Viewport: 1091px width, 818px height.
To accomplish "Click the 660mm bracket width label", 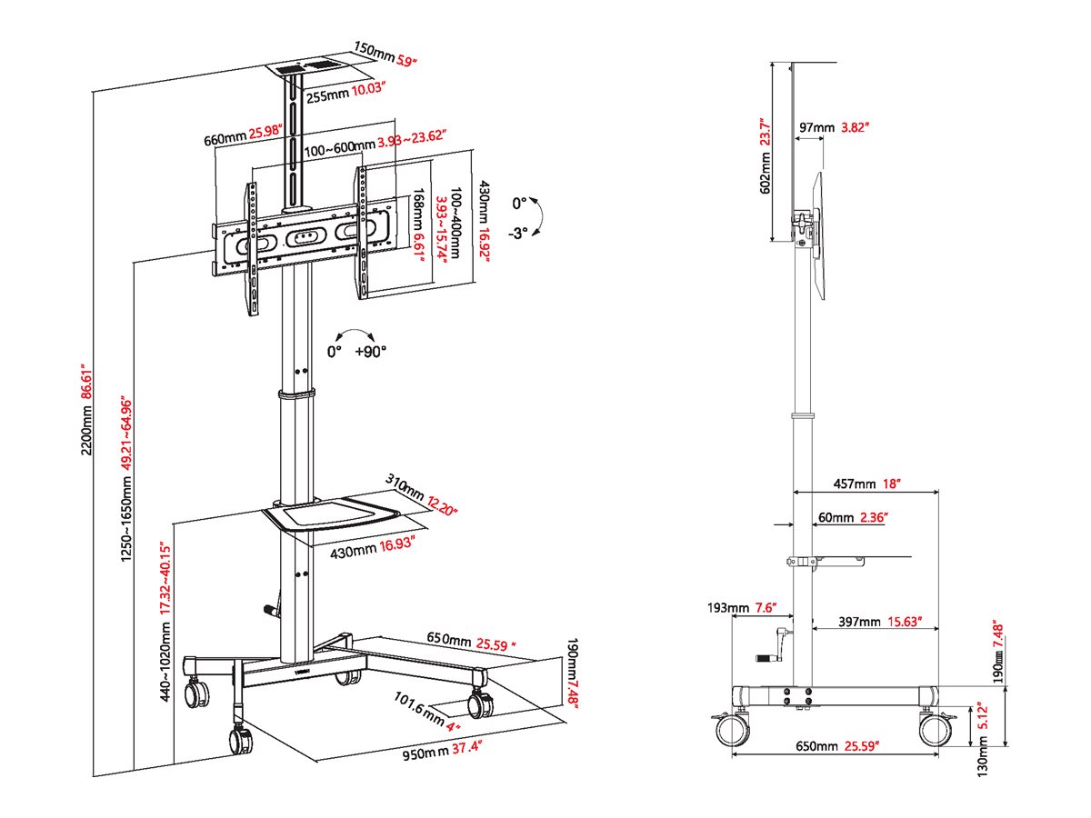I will click(225, 139).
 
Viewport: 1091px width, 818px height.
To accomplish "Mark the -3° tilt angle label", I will click(518, 232).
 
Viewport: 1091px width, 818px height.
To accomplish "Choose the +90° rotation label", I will click(371, 351).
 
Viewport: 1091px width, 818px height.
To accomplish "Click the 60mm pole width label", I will click(836, 517).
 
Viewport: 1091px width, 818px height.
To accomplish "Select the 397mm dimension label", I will click(858, 623).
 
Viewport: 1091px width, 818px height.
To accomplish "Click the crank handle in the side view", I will click(773, 643).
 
